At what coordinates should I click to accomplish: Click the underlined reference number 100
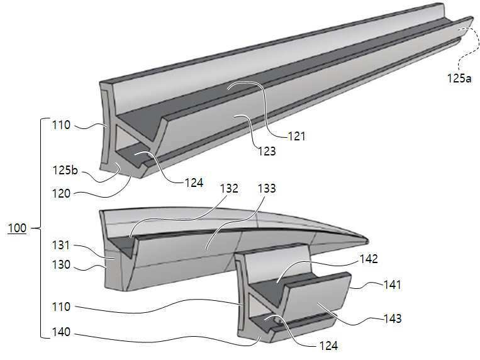click(x=17, y=228)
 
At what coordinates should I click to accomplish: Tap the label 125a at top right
click(x=459, y=79)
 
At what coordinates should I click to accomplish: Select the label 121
click(x=297, y=136)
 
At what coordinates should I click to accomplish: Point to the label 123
click(x=267, y=151)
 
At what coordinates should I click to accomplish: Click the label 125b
click(x=65, y=170)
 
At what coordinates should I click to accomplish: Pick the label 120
click(x=61, y=194)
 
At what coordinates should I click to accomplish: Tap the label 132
click(x=229, y=188)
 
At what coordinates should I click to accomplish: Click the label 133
click(x=267, y=188)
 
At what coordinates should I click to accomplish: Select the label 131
click(x=61, y=245)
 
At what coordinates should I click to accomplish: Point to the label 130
click(x=61, y=264)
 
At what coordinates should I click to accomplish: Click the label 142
click(x=369, y=259)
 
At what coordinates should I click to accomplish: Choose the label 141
click(x=392, y=284)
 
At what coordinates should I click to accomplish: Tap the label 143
click(x=393, y=318)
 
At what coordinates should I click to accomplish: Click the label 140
click(x=61, y=332)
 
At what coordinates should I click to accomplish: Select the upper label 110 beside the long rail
click(x=61, y=125)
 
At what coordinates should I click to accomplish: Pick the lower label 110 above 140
click(x=61, y=307)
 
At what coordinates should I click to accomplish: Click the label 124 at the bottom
click(x=328, y=346)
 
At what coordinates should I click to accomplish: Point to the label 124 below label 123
click(x=194, y=183)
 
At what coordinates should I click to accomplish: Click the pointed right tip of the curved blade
click(x=368, y=240)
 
